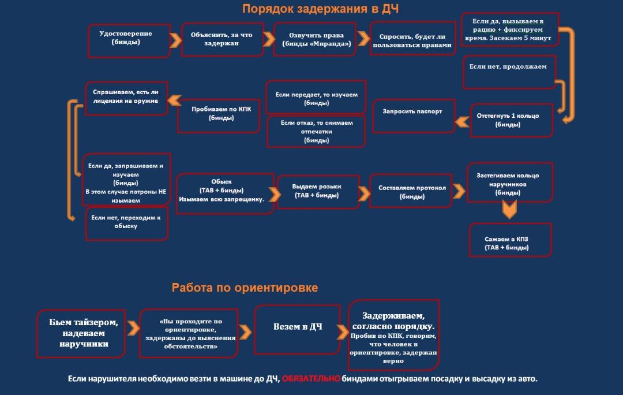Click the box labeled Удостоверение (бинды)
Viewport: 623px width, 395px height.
129,40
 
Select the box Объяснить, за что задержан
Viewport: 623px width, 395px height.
222,39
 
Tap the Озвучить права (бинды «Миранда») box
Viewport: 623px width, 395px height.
316,39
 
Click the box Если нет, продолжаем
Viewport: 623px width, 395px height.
509,72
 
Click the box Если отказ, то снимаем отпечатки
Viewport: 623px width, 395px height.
316,131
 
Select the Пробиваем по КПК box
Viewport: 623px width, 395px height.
220,114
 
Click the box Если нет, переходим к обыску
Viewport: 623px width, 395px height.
126,223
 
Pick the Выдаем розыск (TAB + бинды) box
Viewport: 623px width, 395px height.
317,191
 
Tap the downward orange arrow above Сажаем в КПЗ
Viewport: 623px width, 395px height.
509,210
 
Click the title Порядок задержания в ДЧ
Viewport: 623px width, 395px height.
320,9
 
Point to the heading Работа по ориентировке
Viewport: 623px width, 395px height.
245,287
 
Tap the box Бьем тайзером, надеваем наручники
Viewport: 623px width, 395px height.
84,333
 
